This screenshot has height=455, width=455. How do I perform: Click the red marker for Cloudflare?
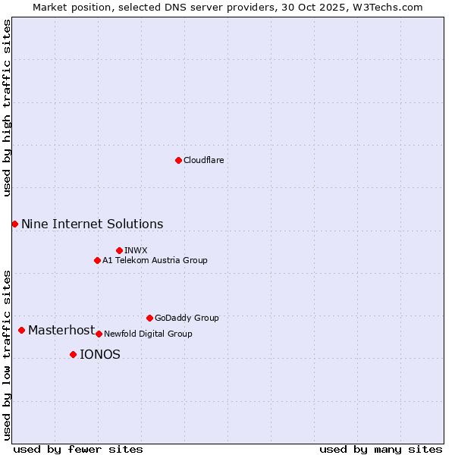[x=178, y=160]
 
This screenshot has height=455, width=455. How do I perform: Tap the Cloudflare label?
[x=204, y=160]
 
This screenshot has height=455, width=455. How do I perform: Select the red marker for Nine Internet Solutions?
[x=14, y=224]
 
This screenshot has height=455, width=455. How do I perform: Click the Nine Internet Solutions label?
[x=92, y=224]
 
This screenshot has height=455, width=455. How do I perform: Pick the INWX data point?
[x=119, y=250]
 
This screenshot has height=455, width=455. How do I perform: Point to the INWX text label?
[x=136, y=250]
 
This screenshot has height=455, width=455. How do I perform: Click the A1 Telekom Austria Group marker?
[x=97, y=260]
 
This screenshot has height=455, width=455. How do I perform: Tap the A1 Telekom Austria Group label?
[x=155, y=260]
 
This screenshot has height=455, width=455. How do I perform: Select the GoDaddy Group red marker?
[x=149, y=318]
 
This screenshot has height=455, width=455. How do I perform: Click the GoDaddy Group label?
[x=187, y=318]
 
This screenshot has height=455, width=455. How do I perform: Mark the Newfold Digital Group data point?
[x=99, y=334]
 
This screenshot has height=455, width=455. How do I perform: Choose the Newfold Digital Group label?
[x=148, y=334]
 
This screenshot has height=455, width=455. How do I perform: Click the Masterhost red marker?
[x=21, y=330]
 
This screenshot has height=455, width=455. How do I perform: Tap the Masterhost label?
[x=61, y=330]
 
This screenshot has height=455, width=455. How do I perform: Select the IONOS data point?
[x=73, y=354]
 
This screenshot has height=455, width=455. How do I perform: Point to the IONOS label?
[x=100, y=354]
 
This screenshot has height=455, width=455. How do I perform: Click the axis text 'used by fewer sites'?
[x=78, y=449]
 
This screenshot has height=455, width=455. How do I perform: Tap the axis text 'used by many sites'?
[x=381, y=449]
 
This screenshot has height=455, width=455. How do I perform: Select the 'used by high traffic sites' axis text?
[x=7, y=108]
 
